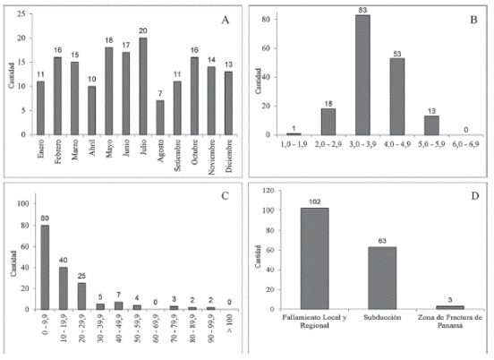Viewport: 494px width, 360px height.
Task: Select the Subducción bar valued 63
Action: pyautogui.click(x=382, y=278)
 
